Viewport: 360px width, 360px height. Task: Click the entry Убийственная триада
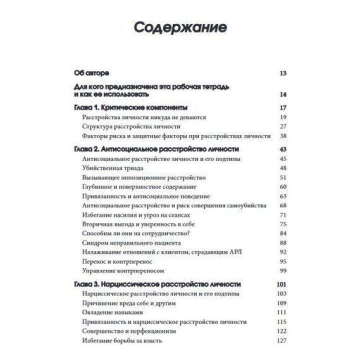click(x=108, y=168)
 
